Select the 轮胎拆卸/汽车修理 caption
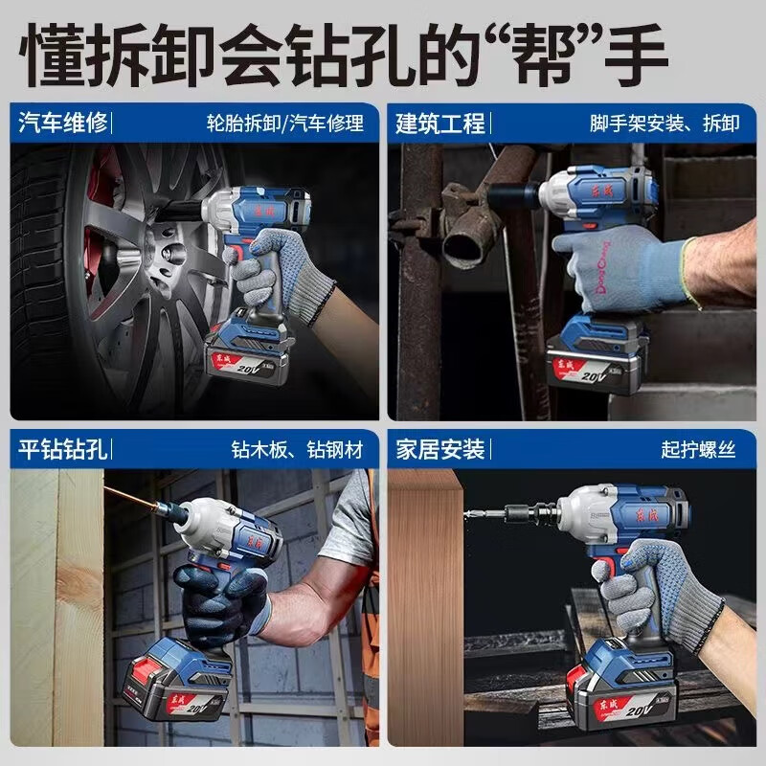pos(285,124)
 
